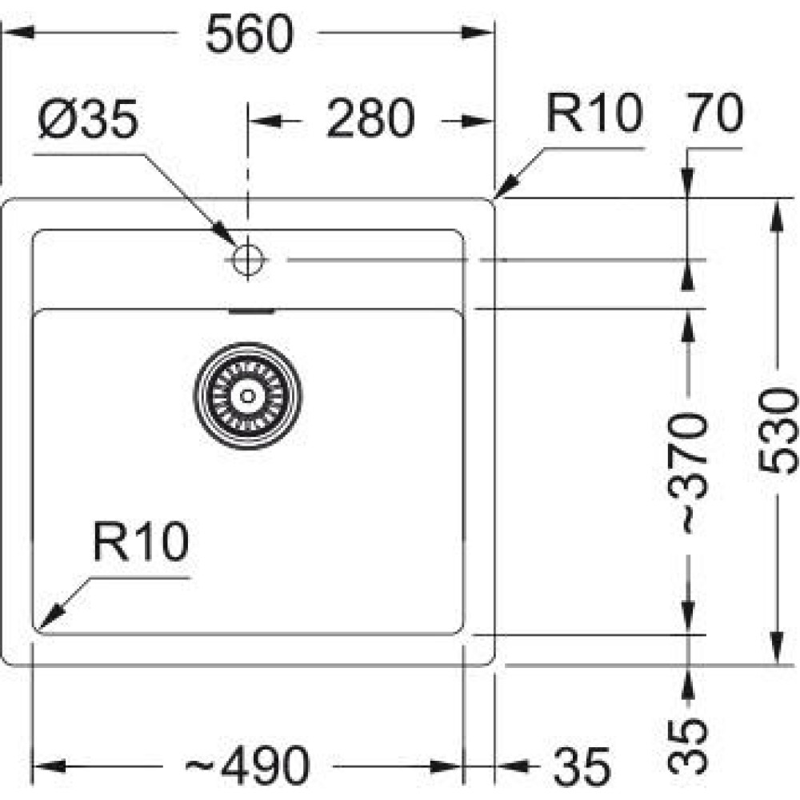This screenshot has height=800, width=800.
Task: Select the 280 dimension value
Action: point(371,120)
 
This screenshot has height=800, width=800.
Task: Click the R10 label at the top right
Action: point(594,114)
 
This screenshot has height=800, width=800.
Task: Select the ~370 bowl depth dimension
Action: point(690,472)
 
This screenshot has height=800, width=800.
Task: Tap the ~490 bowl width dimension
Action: point(246,766)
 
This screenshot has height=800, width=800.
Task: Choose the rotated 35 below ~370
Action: point(690,745)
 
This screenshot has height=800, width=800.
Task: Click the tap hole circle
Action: point(248,259)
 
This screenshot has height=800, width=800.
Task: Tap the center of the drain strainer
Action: point(248,394)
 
